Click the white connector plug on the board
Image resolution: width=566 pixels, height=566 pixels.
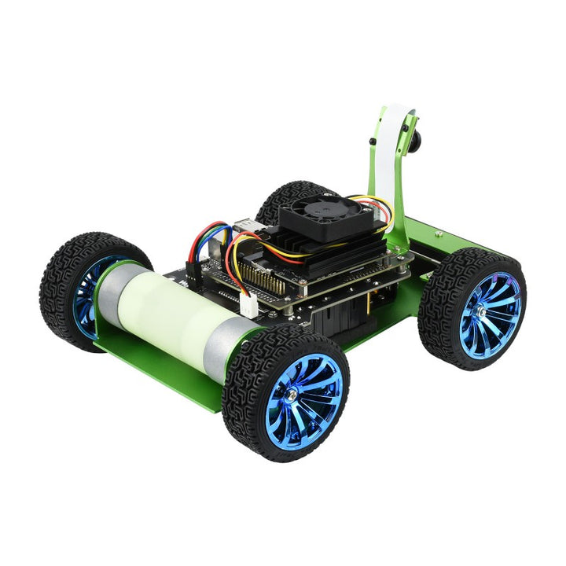pyautogui.click(x=248, y=306)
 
